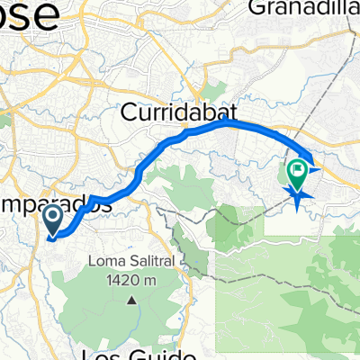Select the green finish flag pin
click(297, 169)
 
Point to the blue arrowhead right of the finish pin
click(314, 165)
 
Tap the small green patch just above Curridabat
click(213, 90)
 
